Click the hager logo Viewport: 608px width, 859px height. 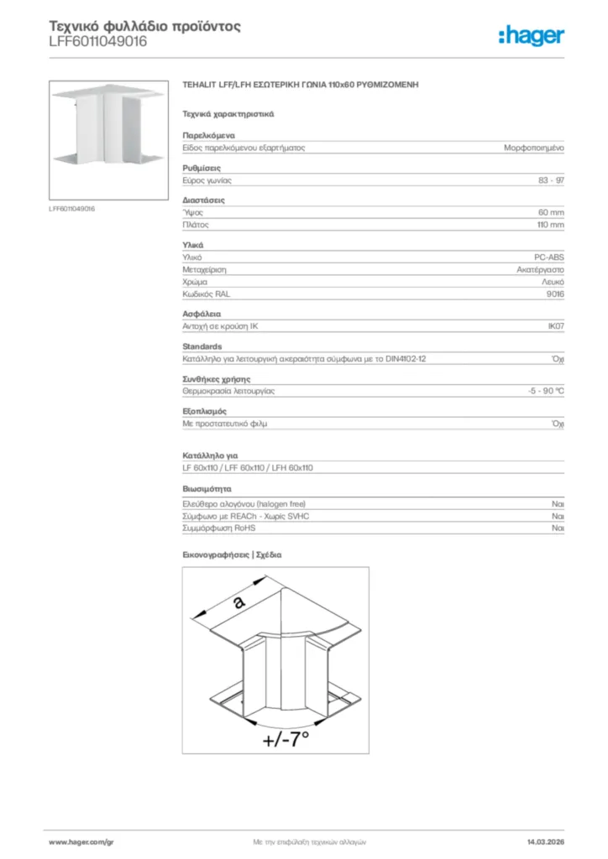pos(531,34)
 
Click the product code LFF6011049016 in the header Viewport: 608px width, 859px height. pos(98,41)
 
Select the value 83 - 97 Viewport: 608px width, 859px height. pos(551,180)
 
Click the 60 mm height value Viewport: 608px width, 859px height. pos(551,213)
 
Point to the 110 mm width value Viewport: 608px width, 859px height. pos(550,225)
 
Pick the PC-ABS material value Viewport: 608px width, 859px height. pos(549,258)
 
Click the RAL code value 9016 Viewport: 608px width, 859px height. pos(555,294)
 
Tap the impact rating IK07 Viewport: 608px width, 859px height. pos(555,326)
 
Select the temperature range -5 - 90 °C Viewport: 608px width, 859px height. pos(540,391)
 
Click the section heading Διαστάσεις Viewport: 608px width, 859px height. pos(203,200)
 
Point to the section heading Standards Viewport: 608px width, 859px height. pos(202,346)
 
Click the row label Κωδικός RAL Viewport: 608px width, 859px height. pos(206,294)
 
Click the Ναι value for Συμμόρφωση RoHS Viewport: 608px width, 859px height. pos(558,528)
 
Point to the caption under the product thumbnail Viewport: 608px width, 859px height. pos(72,208)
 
